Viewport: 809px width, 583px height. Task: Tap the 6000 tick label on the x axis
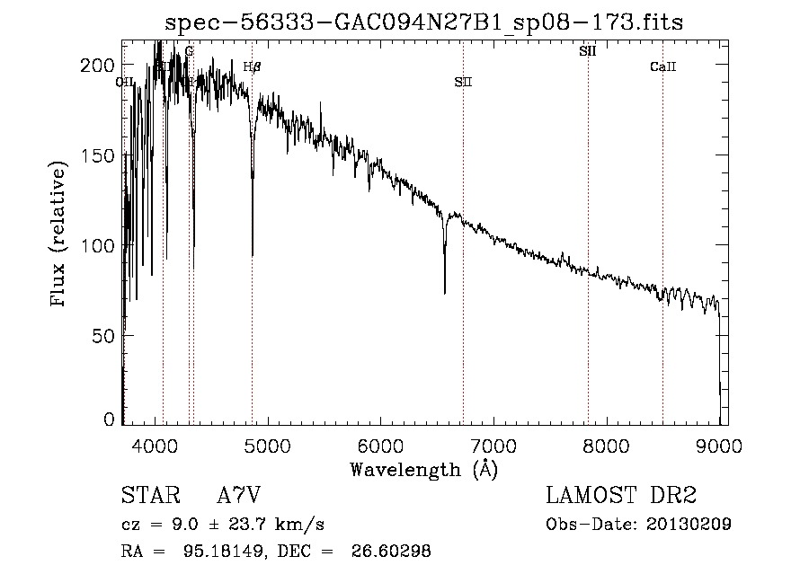coord(380,443)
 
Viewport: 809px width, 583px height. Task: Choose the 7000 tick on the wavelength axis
coord(493,443)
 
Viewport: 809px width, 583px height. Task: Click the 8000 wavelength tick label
coord(606,443)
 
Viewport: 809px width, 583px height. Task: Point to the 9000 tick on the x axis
coord(718,443)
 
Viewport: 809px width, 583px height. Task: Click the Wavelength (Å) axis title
coord(423,468)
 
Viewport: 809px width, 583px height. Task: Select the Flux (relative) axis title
coord(60,235)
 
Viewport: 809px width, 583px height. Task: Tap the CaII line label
coord(662,67)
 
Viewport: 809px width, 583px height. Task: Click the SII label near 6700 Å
coord(463,82)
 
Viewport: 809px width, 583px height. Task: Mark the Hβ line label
coord(252,66)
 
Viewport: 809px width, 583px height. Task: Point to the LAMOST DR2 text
coord(621,495)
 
